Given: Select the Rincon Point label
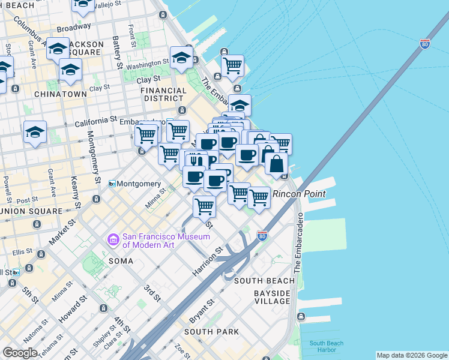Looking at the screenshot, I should (x=299, y=194).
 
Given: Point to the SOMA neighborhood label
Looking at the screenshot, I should (x=124, y=260).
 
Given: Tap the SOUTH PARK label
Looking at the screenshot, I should (x=211, y=332).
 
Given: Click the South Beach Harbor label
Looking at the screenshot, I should (x=327, y=347).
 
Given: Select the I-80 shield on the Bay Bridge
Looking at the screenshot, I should (x=424, y=44).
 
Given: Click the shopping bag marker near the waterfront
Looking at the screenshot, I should (x=276, y=163).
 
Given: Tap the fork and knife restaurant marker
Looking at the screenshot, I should (x=194, y=160).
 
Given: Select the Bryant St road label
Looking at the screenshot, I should (x=203, y=310).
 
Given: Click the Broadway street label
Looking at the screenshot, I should (x=74, y=28).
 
